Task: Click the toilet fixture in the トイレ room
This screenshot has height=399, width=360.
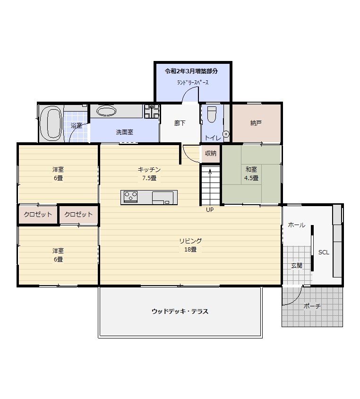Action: click(212, 114)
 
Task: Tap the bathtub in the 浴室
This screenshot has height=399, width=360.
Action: click(51, 123)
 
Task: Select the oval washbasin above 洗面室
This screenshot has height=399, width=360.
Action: click(107, 111)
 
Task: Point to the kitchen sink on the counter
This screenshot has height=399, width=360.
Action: click(163, 198)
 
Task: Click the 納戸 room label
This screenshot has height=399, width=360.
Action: click(256, 123)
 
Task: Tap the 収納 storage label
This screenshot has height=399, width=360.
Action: click(211, 153)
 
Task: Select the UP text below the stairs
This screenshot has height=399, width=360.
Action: click(210, 210)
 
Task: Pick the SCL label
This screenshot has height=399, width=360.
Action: click(324, 252)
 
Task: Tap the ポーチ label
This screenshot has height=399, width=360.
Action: click(312, 306)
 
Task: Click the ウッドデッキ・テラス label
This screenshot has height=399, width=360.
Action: click(180, 312)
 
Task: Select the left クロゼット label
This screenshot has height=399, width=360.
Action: click(38, 214)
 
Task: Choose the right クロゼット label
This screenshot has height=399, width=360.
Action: click(78, 214)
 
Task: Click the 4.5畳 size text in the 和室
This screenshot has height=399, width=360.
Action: click(251, 178)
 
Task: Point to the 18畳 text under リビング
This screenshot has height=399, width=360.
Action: click(190, 250)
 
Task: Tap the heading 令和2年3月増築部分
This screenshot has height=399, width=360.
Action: click(191, 71)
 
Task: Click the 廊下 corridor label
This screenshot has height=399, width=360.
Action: click(180, 123)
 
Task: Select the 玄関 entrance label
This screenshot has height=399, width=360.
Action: click(296, 266)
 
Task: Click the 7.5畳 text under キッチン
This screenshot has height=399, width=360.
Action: click(149, 178)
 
